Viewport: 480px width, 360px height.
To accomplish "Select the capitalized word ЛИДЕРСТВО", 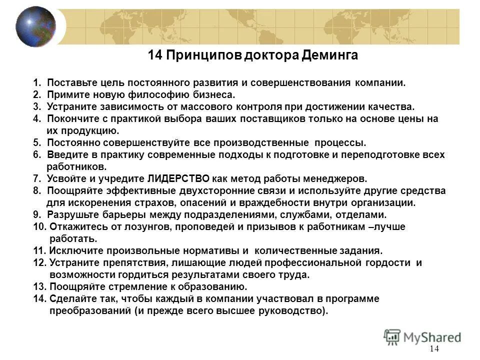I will (x=179, y=178).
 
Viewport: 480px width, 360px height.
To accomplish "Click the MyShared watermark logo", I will (x=423, y=336).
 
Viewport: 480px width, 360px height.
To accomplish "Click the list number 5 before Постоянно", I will (x=36, y=142).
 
